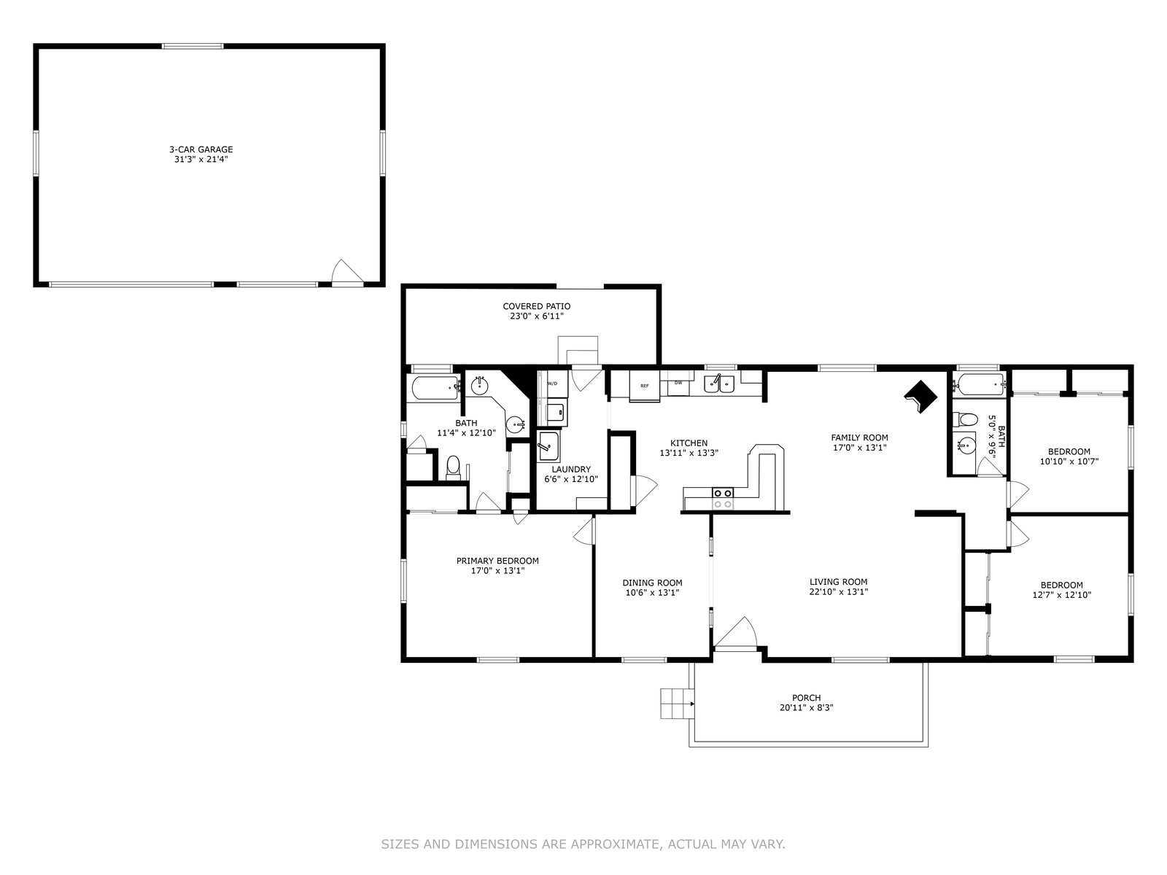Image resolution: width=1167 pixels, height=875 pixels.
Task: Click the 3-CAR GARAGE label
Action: point(201,149)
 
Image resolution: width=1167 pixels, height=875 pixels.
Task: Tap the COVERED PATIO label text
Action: point(536,306)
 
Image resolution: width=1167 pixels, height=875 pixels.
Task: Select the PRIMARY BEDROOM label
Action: point(497,561)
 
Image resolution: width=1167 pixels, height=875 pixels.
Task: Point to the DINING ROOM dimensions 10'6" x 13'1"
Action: point(652,593)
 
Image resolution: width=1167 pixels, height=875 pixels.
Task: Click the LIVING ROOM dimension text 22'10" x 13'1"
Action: point(839,592)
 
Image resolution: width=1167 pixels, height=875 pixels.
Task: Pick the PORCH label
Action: point(807,698)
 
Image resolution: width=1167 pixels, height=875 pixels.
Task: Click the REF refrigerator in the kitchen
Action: point(644,385)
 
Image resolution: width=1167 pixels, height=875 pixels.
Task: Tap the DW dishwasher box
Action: point(678,383)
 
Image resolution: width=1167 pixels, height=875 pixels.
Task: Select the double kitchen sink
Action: point(719,384)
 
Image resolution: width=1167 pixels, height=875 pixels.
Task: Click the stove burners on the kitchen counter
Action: point(723,498)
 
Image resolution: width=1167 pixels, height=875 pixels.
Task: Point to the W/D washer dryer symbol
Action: point(553,384)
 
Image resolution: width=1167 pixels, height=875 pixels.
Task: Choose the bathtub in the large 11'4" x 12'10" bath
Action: point(435,389)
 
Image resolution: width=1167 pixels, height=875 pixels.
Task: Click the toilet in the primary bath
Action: point(453,467)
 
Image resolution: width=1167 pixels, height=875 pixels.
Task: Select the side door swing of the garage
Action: point(346,271)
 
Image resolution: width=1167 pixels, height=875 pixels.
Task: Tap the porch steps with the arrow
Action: point(678,704)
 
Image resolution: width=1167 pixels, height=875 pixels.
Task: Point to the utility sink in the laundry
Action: point(548,447)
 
